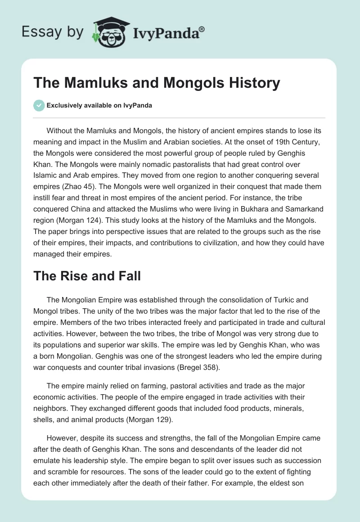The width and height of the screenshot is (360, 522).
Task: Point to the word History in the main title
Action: coord(254,83)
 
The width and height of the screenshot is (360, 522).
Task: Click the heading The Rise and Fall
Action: coord(87,276)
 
